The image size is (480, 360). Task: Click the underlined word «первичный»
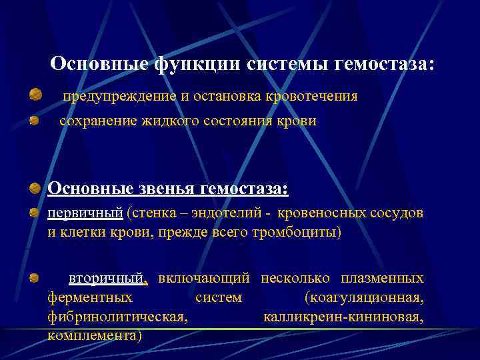click(x=85, y=213)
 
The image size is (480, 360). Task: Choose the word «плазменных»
click(x=382, y=277)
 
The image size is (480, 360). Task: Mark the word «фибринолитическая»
click(x=117, y=316)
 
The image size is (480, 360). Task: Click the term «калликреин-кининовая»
click(x=343, y=316)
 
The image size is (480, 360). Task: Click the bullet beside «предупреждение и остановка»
click(x=35, y=97)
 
